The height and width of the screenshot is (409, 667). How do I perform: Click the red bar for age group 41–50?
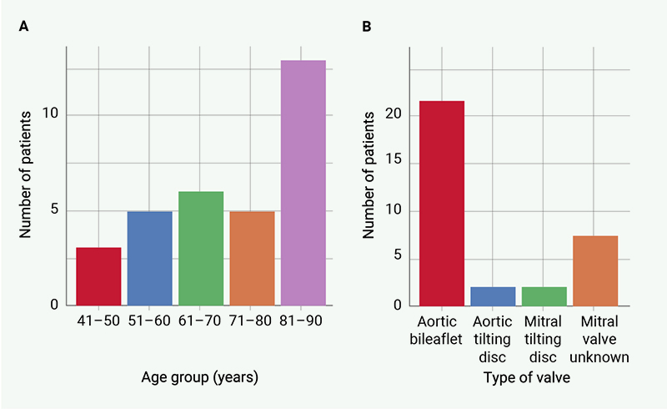tap(98, 276)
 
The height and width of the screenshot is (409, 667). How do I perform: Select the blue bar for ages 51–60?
tap(149, 258)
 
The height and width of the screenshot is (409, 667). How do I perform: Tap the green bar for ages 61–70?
tap(201, 248)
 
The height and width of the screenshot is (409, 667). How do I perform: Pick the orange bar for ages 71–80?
tap(252, 258)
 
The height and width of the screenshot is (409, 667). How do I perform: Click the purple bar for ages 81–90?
tap(303, 183)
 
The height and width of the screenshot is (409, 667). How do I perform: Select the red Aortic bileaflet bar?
tap(442, 203)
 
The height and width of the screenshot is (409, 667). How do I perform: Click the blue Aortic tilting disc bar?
tap(493, 296)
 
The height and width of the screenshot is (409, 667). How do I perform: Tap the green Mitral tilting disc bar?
tap(544, 296)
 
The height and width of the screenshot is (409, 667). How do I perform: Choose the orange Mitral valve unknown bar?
tap(595, 270)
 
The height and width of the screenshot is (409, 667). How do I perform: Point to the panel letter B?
tap(367, 27)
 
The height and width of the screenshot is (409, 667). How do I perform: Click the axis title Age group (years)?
tap(200, 376)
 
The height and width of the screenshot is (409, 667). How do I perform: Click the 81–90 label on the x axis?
tap(303, 321)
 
